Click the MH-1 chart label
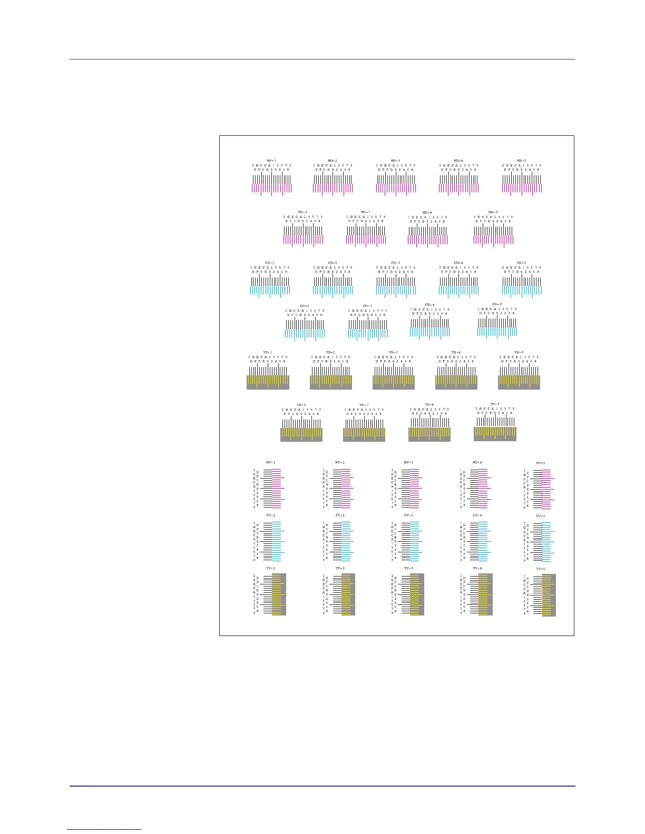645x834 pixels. click(271, 161)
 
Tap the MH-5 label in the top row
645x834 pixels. click(521, 161)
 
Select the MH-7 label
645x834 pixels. click(366, 212)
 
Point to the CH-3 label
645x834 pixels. click(396, 263)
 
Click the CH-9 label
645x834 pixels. click(497, 304)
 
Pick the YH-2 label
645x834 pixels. click(330, 352)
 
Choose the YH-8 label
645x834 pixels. click(429, 404)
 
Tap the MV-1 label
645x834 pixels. click(271, 462)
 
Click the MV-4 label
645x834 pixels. click(477, 462)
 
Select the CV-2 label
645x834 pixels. click(340, 515)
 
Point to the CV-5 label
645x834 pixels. click(541, 516)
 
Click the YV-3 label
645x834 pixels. click(408, 569)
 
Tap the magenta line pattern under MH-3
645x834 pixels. click(396, 188)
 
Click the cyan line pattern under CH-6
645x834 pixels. click(305, 333)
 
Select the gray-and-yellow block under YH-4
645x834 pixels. click(456, 382)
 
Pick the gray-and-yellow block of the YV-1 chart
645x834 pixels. click(279, 594)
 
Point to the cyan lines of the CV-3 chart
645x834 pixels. click(414, 542)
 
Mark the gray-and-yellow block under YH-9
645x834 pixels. click(495, 433)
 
